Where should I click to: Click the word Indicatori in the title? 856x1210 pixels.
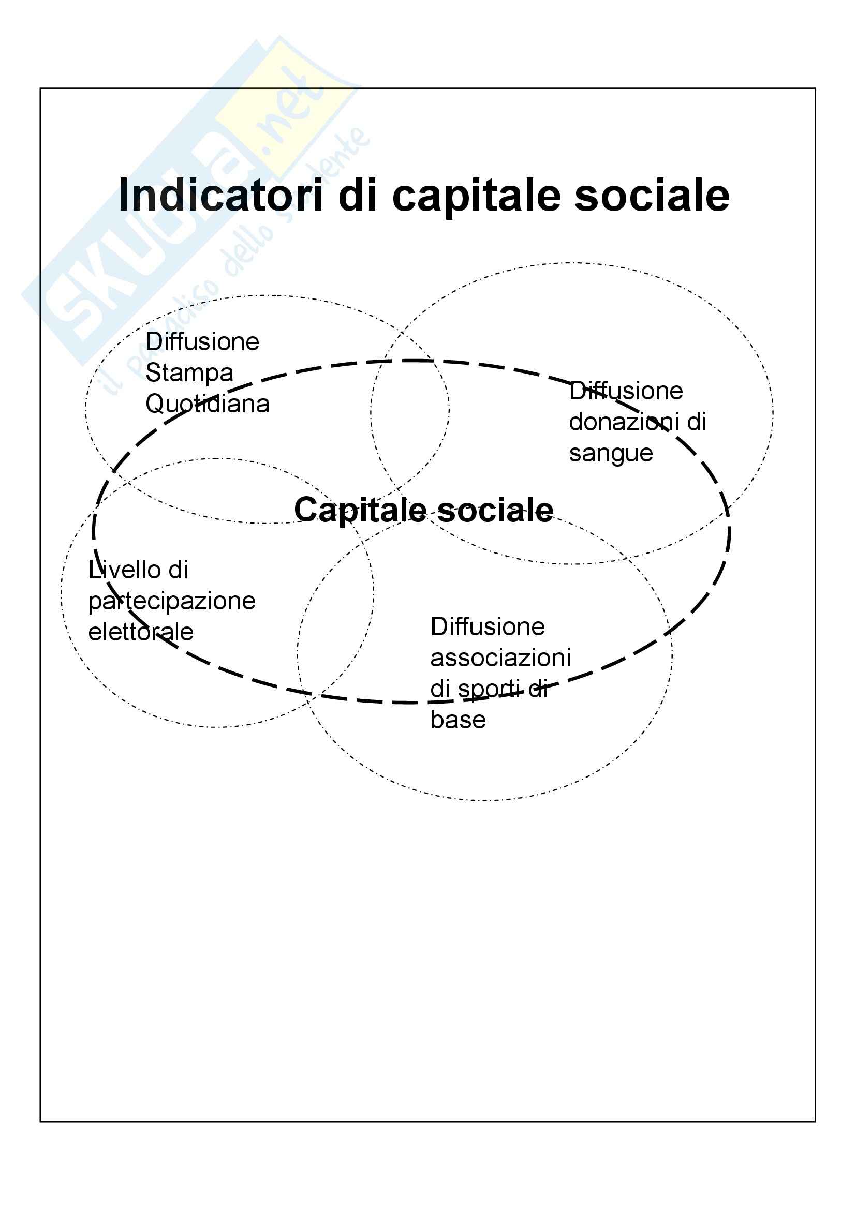220,196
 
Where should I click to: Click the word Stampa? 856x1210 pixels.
189,374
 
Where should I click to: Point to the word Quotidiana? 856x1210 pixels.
207,405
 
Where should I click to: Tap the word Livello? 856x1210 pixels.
120,570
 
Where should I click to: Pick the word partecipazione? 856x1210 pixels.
171,602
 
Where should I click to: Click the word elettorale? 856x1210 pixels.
141,632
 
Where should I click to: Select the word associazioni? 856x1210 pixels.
500,658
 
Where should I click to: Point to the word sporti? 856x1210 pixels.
489,689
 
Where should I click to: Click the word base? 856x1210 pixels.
457,720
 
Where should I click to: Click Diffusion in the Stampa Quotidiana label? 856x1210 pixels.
202,342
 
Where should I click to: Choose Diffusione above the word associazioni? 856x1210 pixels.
487,626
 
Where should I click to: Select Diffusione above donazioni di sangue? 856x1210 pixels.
626,391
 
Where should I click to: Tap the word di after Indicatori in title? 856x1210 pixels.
358,196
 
